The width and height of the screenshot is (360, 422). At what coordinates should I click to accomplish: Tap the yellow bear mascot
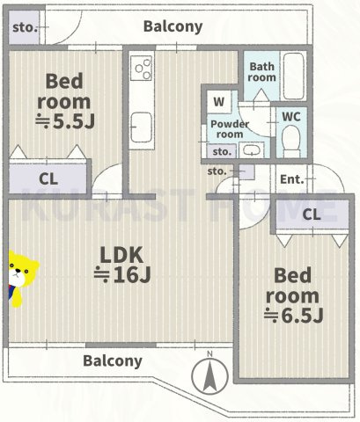pyautogui.click(x=21, y=279)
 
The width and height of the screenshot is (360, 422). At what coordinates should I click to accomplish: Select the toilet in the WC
pyautogui.click(x=291, y=142)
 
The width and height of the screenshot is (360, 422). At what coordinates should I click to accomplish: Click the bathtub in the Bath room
pyautogui.click(x=293, y=76)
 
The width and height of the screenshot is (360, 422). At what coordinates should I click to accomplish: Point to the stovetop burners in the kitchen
pyautogui.click(x=142, y=68)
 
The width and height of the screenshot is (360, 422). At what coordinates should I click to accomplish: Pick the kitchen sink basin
pyautogui.click(x=142, y=127)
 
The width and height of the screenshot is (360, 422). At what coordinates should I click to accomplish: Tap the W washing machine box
pyautogui.click(x=219, y=102)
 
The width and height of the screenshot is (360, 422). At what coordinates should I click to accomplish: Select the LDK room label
pyautogui.click(x=121, y=255)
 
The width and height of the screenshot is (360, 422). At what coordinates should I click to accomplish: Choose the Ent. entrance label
pyautogui.click(x=291, y=179)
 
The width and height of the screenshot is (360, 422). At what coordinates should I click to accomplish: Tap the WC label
pyautogui.click(x=291, y=117)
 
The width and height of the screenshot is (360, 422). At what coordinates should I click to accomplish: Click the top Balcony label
pyautogui.click(x=173, y=27)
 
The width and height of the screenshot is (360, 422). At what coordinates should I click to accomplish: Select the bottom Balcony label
pyautogui.click(x=113, y=361)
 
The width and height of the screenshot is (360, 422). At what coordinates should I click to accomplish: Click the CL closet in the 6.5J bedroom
pyautogui.click(x=312, y=215)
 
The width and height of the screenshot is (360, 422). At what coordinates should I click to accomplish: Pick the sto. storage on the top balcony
pyautogui.click(x=24, y=27)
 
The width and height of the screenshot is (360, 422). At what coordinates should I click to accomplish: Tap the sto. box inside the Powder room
pyautogui.click(x=222, y=151)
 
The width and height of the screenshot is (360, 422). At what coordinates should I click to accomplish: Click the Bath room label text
pyautogui.click(x=261, y=72)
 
